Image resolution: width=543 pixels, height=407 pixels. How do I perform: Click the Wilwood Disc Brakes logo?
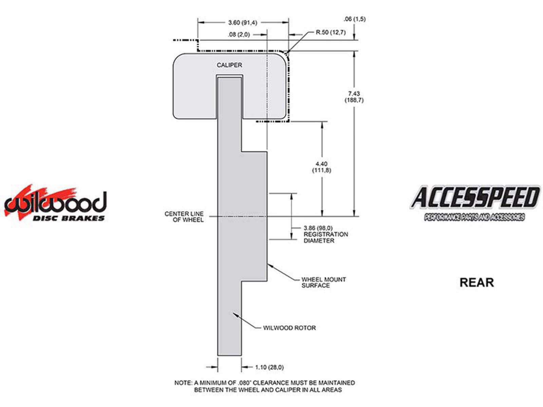pos(55,203)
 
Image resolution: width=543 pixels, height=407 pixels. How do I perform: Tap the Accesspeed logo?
pos(474,203)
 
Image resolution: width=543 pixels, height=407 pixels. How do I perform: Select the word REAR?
pos(476,283)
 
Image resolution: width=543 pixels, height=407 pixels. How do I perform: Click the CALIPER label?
pos(229,65)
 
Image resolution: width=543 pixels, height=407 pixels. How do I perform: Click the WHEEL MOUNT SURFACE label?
pos(323,283)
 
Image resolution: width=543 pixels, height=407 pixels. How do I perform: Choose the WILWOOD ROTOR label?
pos(289,328)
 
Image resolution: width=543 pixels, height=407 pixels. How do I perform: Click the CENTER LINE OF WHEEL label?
pos(184,217)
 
